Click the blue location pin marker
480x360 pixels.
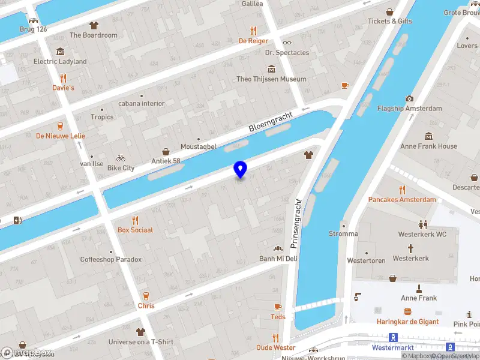tap(240, 169)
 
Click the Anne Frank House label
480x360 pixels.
tap(428, 146)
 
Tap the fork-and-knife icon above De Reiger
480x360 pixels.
tap(253, 31)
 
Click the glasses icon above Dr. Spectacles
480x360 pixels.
tap(287, 43)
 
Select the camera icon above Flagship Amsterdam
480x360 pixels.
tap(409, 98)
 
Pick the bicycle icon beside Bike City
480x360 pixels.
tap(121, 158)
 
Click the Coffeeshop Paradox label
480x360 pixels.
tap(111, 260)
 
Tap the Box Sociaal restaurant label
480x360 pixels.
tap(135, 230)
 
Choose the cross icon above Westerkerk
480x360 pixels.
tap(411, 248)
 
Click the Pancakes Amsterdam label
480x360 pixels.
tap(401, 199)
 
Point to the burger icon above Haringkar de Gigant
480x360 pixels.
tap(407, 311)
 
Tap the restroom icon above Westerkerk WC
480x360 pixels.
tap(423, 224)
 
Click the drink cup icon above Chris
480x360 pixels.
tap(146, 296)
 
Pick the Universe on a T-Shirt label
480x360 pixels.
tap(140, 342)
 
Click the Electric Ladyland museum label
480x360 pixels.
tap(60, 61)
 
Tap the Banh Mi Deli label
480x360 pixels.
tap(278, 259)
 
